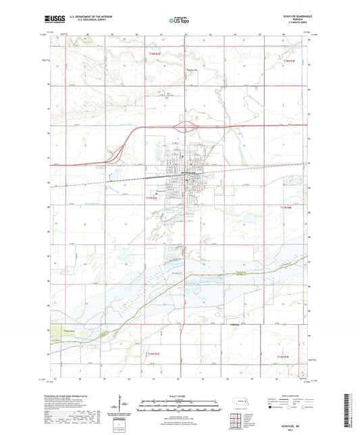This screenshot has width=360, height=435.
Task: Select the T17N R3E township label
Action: pyautogui.click(x=155, y=198)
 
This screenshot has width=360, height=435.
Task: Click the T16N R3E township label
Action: pyautogui.click(x=155, y=353)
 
